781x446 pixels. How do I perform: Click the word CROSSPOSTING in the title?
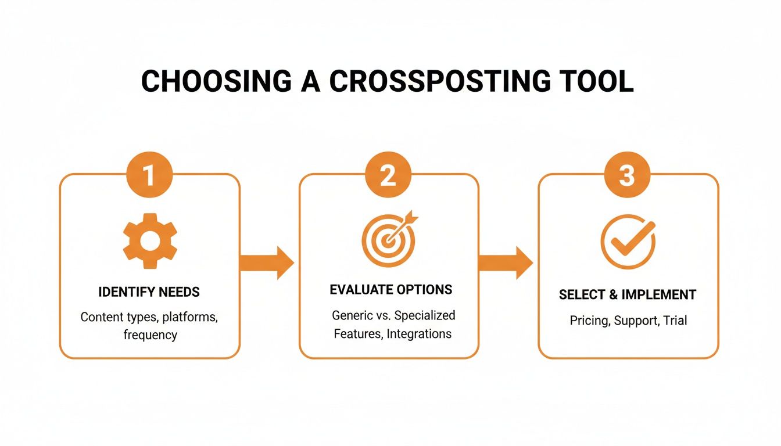438,82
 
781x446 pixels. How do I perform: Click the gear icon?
150,240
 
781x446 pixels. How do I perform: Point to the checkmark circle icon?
628,242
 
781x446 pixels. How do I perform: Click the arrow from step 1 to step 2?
267,263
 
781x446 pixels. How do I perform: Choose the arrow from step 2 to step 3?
506,263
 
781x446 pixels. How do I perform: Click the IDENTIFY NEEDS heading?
149,292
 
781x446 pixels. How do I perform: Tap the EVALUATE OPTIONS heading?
390,289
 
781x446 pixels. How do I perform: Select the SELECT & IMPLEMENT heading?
628,295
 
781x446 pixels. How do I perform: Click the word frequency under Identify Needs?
150,335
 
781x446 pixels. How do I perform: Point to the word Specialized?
425,315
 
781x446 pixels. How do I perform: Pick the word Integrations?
419,334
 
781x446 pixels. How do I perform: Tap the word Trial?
673,321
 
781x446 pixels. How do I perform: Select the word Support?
635,321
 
